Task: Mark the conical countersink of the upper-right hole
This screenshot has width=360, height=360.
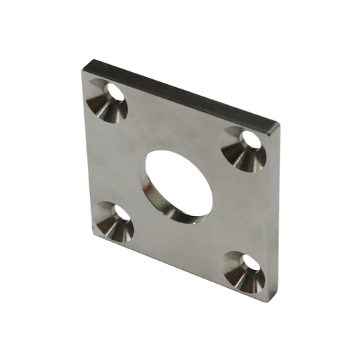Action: coord(237,153)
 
